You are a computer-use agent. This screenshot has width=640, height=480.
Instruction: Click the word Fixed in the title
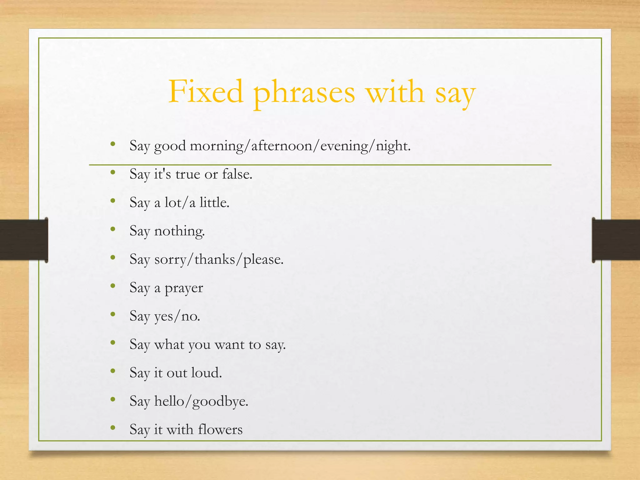206,92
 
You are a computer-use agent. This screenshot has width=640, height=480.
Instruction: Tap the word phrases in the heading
304,93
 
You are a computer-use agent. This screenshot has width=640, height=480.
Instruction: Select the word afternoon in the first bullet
282,146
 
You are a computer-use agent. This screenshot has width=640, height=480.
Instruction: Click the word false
237,174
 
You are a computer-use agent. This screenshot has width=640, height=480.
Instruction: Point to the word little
214,202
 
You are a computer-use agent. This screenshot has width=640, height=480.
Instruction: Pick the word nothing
179,231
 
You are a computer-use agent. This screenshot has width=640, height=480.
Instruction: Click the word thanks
215,259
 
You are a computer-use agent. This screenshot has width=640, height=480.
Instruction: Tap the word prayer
184,288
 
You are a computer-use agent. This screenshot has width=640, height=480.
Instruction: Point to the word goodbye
220,402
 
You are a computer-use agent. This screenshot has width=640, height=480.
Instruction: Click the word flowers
220,430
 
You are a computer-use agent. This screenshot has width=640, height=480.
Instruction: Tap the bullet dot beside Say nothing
113,229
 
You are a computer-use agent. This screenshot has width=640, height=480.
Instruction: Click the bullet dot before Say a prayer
113,286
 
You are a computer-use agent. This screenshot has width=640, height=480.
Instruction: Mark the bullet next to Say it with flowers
113,427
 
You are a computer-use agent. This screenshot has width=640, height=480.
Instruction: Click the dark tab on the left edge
24,240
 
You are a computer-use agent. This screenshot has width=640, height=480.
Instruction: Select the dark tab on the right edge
616,240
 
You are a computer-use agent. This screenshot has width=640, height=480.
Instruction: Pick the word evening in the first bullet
344,146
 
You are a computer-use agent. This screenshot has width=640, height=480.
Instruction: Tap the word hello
169,401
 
